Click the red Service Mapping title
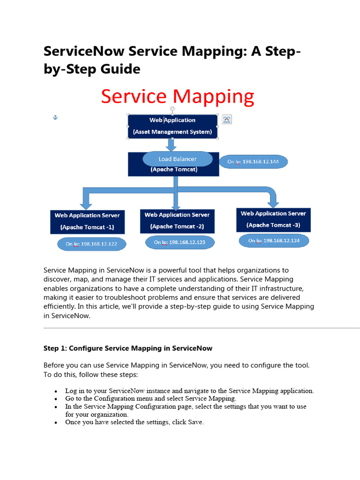click(178, 97)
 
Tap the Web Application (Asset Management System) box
click(172, 126)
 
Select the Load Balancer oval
click(177, 159)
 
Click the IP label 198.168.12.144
click(253, 162)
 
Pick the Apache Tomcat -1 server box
click(87, 222)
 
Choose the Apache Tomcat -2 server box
click(177, 221)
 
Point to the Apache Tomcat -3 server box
click(273, 219)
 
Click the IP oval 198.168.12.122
click(91, 244)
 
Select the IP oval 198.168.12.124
click(274, 241)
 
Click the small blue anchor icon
click(54, 117)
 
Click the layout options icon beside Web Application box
click(226, 119)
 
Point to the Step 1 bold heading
click(128, 348)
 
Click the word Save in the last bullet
click(195, 422)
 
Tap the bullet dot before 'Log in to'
click(56, 391)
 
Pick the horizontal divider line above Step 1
click(202, 328)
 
